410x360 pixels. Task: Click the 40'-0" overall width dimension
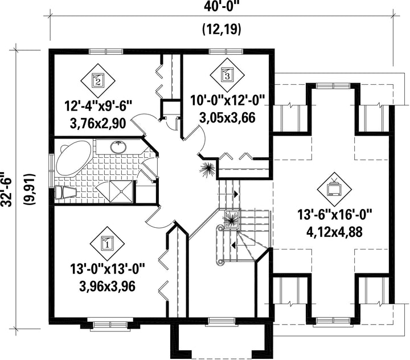tap(222, 6)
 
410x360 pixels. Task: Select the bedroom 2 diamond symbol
tap(98, 80)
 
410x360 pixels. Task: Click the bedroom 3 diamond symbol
tap(227, 75)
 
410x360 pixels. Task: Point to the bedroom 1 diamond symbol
tap(107, 243)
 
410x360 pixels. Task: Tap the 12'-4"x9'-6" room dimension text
tap(98, 107)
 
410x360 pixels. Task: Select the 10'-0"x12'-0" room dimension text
tap(227, 100)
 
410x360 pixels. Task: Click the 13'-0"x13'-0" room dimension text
tap(107, 269)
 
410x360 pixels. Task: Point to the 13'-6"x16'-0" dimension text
tap(334, 215)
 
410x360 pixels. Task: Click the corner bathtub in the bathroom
tap(72, 158)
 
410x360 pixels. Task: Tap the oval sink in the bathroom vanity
tap(119, 147)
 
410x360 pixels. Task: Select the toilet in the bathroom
tap(65, 193)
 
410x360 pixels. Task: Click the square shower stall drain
tap(122, 191)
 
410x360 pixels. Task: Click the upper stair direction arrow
tap(236, 194)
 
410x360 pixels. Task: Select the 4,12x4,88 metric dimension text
tap(334, 232)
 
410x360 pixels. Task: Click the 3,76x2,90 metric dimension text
tap(98, 124)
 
